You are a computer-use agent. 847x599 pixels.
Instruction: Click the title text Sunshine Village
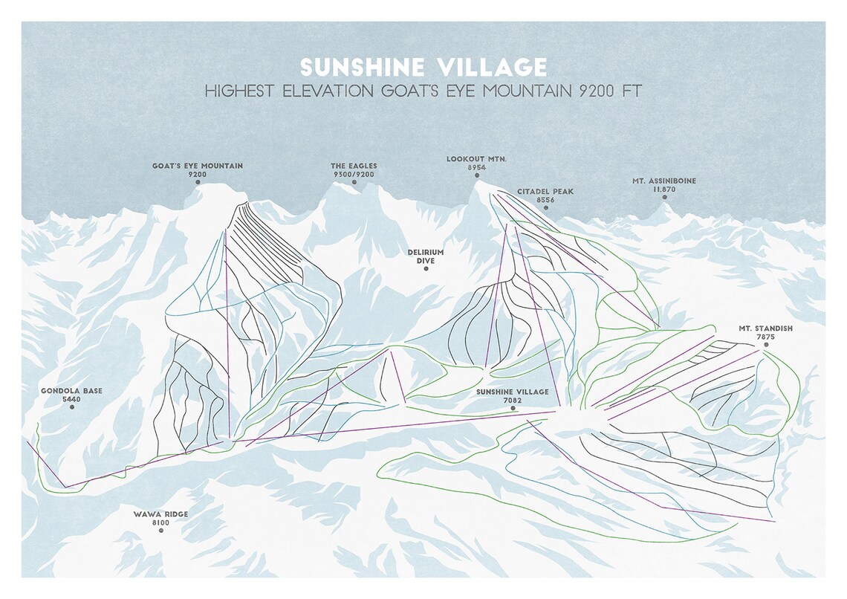(423, 66)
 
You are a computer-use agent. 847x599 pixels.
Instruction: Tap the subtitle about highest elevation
(423, 92)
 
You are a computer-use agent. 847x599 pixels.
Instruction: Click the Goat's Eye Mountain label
(198, 166)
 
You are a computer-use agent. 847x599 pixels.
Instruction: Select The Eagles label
(354, 166)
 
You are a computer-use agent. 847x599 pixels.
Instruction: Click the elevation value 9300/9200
(354, 174)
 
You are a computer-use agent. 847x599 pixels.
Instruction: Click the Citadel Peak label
(545, 191)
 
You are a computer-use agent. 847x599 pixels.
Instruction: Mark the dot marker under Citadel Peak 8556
(545, 208)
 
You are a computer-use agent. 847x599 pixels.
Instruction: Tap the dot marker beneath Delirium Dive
(426, 269)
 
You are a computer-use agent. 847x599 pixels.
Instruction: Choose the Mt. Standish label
(765, 328)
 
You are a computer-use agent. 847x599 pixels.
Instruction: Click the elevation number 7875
(765, 337)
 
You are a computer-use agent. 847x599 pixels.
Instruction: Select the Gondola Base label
(72, 391)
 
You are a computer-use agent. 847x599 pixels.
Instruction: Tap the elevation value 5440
(72, 400)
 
